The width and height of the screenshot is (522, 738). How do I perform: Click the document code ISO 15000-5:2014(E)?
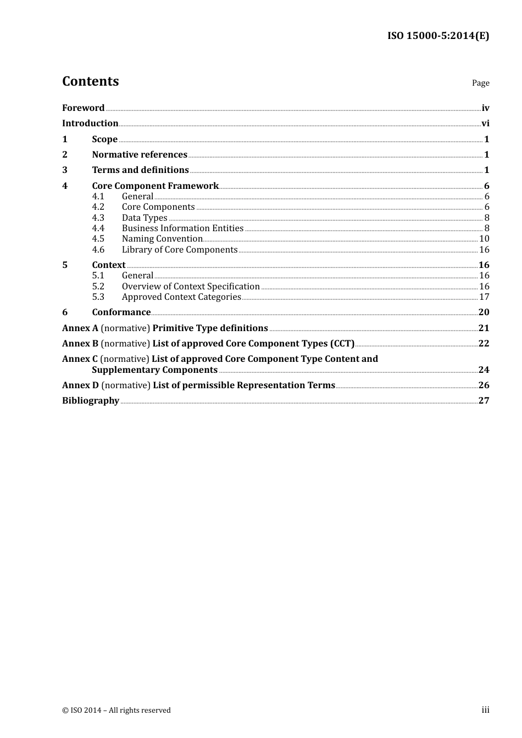438,36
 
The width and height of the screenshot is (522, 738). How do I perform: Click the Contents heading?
91,81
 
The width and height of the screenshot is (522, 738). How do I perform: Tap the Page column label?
480,83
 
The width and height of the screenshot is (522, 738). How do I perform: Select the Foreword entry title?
83,108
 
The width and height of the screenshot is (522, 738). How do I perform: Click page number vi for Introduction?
485,124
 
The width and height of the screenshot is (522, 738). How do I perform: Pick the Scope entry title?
104,139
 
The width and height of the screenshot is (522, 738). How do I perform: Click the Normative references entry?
140,155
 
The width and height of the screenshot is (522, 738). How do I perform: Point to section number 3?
65,170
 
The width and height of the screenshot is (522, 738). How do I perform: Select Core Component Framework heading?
156,186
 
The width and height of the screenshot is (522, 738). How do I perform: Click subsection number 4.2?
98,207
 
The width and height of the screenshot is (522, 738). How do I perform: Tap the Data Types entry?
145,218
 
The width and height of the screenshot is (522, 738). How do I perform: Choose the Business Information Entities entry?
182,228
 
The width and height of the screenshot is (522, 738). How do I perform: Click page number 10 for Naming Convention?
484,239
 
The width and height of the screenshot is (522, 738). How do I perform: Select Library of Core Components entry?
180,250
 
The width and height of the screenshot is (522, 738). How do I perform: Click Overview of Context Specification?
191,287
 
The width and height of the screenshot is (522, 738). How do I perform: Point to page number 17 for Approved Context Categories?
484,297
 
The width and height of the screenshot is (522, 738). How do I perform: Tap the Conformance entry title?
121,312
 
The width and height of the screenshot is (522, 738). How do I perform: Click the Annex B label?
80,344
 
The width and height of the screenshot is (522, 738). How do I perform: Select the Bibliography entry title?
91,401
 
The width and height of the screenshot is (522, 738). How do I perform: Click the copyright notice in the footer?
116,711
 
